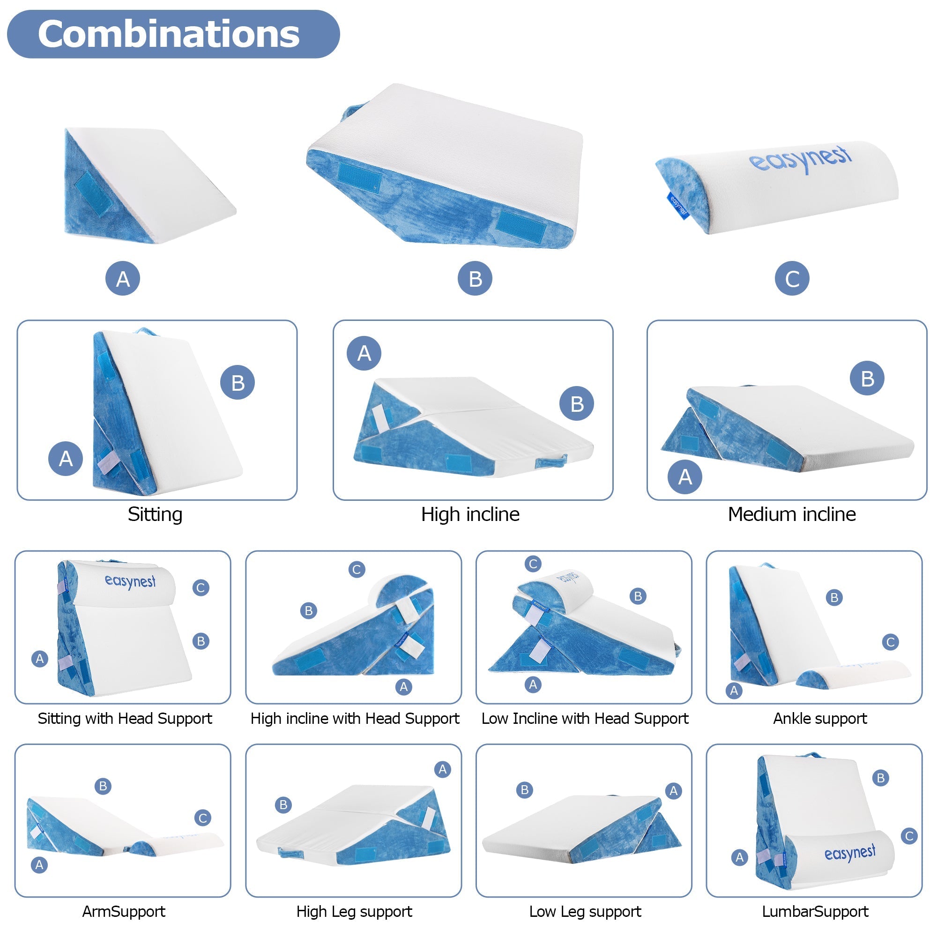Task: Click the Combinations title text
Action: pos(168,34)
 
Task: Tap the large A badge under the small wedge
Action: pos(123,278)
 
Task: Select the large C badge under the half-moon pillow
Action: pos(791,278)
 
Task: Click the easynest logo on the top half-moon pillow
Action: pos(800,159)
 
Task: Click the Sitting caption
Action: pos(155,514)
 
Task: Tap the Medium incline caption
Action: pos(791,514)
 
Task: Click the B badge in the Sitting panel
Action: pos(237,383)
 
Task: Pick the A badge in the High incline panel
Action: pos(364,353)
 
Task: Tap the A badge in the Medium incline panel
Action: pos(685,477)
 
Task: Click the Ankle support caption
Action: pos(819,718)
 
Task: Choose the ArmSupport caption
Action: pos(124,911)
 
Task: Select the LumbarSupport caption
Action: pos(815,911)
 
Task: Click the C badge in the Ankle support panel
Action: pos(891,642)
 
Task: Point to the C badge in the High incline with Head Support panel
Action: pos(357,569)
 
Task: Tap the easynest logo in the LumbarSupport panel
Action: pos(850,853)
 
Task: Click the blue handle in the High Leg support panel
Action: pos(291,853)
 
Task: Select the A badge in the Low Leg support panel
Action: pos(673,791)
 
